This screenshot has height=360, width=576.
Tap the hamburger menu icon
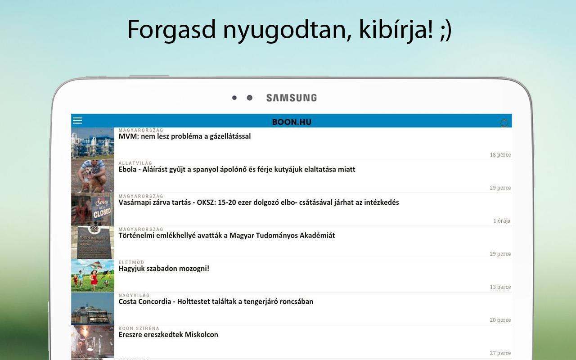(77, 121)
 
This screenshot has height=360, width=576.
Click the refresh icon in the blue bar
(504, 123)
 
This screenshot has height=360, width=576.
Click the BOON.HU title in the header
(292, 122)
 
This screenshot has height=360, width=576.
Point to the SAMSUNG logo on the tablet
(292, 98)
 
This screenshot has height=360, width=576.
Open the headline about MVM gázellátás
(184, 136)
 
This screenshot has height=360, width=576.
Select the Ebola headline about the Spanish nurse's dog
(237, 170)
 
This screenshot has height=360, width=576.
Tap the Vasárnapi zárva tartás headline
(259, 202)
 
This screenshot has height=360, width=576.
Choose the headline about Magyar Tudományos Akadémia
(226, 235)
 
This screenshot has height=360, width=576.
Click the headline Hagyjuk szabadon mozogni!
(164, 269)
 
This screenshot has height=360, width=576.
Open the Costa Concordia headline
(216, 301)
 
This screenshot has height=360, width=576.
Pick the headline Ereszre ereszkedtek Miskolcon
(168, 334)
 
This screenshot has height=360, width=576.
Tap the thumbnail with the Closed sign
(93, 210)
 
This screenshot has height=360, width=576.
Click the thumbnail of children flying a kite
(93, 276)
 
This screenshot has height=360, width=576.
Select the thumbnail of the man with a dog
(93, 176)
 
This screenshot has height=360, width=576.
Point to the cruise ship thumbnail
(93, 309)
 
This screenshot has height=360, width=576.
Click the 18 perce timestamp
(500, 155)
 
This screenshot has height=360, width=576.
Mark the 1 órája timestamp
(502, 221)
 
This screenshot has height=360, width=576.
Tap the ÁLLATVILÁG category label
(135, 163)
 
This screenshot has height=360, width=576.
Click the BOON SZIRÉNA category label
(139, 328)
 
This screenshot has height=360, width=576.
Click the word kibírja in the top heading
(396, 30)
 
